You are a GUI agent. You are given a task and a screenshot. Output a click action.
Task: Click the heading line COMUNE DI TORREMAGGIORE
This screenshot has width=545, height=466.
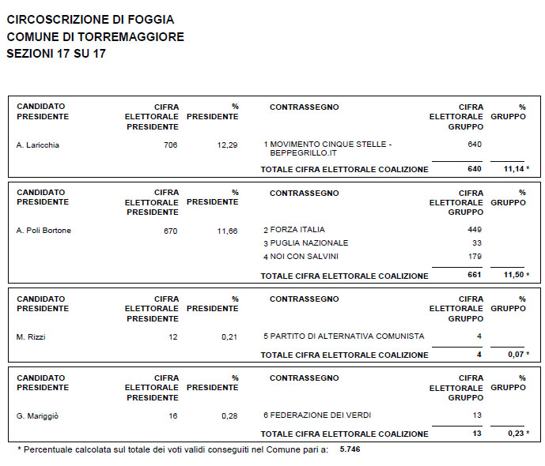point(95,36)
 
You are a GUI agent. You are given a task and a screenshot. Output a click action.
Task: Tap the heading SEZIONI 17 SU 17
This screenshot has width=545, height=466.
point(56,54)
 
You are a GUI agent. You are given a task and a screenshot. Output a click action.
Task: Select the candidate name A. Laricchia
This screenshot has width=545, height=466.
point(38,145)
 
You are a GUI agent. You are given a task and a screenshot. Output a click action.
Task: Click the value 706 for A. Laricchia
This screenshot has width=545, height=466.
point(170,145)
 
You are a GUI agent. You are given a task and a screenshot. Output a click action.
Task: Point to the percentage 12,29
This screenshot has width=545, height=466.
point(227,145)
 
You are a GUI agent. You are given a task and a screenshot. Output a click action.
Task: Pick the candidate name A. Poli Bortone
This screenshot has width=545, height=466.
point(44,231)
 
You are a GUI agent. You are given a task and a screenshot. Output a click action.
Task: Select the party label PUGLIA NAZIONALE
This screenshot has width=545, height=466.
point(309,243)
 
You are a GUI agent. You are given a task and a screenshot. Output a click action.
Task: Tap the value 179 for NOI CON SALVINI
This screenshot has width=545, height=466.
point(475,257)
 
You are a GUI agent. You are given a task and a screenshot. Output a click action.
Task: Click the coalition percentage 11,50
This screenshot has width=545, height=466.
point(513,276)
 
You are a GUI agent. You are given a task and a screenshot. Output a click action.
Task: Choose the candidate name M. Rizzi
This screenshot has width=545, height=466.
point(31,337)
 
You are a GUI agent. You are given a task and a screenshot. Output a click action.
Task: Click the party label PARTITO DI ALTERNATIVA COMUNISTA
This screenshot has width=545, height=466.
point(346,336)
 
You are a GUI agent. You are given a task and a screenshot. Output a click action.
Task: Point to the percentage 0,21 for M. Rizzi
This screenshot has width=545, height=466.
point(229,337)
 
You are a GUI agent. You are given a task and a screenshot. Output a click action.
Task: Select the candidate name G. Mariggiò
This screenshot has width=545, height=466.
point(38,415)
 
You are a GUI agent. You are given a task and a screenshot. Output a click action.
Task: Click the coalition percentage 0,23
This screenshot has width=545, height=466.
point(516,434)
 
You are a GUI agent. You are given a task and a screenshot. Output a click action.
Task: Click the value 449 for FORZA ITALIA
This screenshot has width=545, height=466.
point(475,230)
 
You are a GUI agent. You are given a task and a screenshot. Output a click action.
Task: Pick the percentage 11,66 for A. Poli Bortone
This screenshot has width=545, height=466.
point(227,231)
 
